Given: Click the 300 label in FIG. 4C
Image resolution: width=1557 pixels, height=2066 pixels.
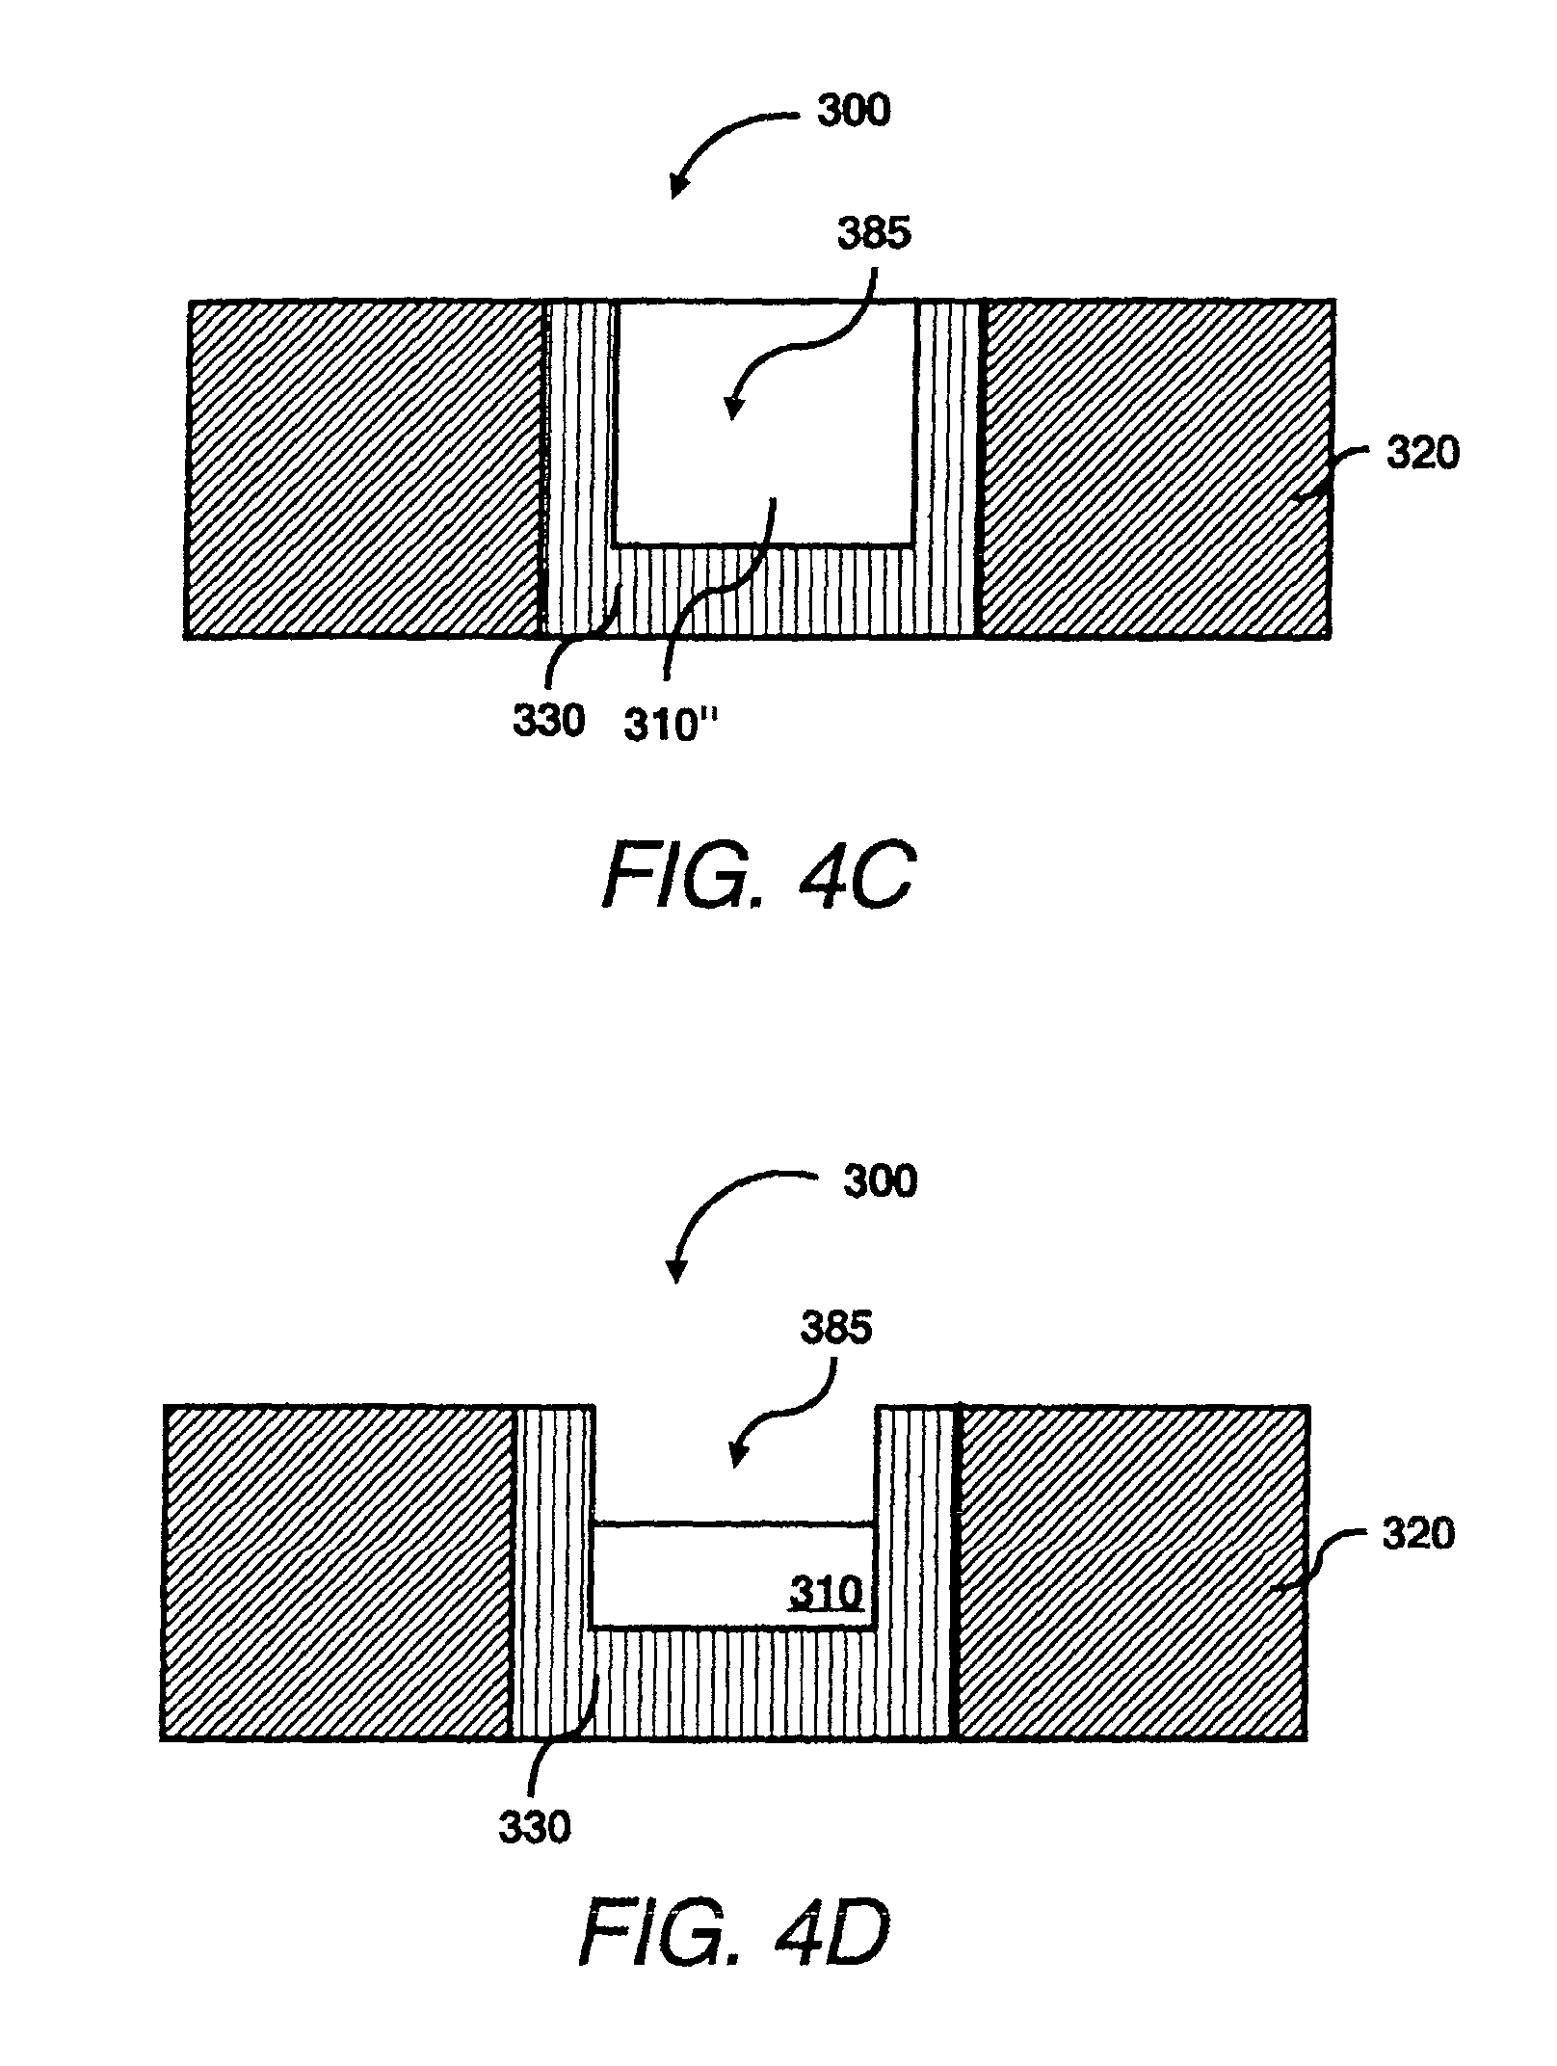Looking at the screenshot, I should (854, 111).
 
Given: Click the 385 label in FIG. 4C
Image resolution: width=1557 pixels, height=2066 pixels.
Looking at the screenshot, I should (874, 234).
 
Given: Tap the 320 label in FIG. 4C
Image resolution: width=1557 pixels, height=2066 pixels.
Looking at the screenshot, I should (1422, 452).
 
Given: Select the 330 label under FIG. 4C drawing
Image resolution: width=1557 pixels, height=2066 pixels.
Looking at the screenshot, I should (548, 720).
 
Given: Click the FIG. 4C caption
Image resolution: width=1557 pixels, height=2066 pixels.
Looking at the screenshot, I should (757, 874).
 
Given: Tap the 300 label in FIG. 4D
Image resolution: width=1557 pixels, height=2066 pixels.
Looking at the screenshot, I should (880, 1180).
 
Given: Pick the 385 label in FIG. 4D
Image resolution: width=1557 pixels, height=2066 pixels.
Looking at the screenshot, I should (835, 1329).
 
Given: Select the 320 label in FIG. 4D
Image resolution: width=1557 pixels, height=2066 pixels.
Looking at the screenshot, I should (1417, 1533).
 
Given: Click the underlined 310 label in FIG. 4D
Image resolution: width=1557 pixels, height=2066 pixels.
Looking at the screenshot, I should (826, 1595).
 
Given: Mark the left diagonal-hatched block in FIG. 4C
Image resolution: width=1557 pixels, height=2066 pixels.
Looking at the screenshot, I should (364, 469).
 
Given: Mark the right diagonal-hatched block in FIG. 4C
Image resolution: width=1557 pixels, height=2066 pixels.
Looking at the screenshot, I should (1156, 469).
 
